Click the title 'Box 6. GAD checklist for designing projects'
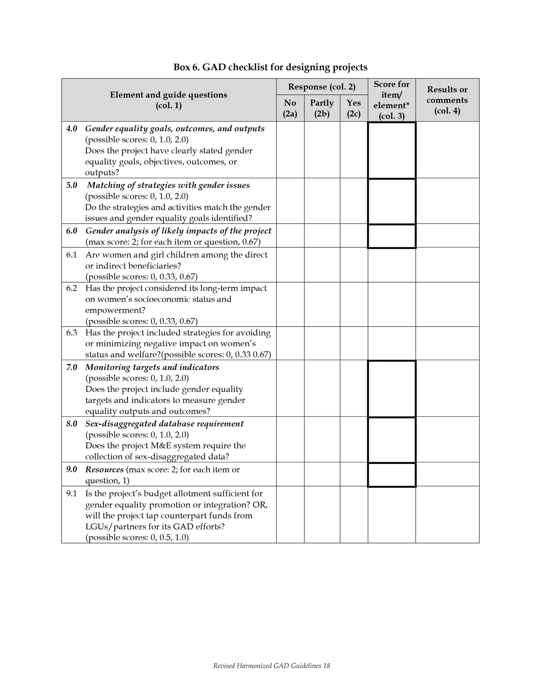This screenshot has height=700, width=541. tap(270, 67)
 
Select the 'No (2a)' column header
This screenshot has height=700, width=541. tap(290, 108)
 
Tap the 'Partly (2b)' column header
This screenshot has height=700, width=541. tap(322, 108)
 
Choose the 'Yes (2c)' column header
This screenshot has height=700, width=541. tap(353, 108)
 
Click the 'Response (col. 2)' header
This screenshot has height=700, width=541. tap(321, 87)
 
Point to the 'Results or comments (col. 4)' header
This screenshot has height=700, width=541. tap(447, 100)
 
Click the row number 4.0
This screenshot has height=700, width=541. tap(72, 129)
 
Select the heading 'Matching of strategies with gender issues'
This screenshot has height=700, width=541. tap(168, 185)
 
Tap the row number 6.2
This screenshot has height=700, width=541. tap(72, 288)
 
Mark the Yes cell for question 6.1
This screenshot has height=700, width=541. tap(353, 265)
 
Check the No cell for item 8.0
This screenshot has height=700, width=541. tap(290, 440)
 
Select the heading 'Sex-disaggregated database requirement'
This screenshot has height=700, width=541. tap(164, 424)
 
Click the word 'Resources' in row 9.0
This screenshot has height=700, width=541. tap(104, 470)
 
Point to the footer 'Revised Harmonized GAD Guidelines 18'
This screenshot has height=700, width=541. tap(271, 666)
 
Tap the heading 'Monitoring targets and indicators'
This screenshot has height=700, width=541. tap(152, 367)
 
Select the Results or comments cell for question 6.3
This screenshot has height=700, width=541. tap(447, 343)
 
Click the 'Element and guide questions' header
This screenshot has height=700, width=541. tap(168, 95)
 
